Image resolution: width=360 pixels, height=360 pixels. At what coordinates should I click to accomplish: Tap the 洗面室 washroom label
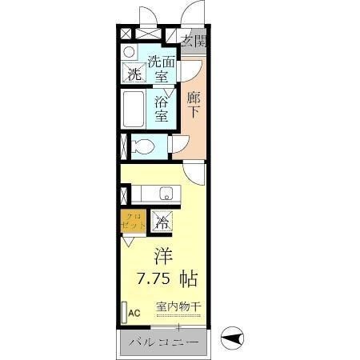click(x=162, y=69)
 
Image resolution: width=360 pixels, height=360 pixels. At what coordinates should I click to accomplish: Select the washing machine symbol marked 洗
click(x=134, y=74)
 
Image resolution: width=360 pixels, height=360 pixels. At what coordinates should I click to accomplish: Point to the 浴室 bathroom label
click(x=161, y=108)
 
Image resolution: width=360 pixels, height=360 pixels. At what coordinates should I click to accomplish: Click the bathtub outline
click(x=133, y=107)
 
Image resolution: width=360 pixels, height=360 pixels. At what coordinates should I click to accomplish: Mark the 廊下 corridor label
click(x=193, y=105)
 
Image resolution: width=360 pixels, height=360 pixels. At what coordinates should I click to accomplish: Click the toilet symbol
click(x=142, y=146)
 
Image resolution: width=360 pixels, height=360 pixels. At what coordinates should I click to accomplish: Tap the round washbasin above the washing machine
click(x=129, y=52)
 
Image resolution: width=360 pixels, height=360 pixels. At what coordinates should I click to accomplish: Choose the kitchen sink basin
click(x=166, y=192)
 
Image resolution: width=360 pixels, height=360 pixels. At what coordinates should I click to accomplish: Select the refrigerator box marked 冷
click(x=162, y=222)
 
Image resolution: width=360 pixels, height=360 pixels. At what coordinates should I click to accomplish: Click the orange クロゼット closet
click(x=134, y=220)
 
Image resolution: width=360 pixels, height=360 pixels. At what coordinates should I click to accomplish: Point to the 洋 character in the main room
click(x=163, y=258)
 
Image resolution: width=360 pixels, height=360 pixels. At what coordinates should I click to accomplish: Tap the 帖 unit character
click(x=189, y=279)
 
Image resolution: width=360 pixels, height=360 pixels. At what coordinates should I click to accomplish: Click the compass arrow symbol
click(x=232, y=340)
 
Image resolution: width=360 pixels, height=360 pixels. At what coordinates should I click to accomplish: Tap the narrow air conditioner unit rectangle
click(x=124, y=311)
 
